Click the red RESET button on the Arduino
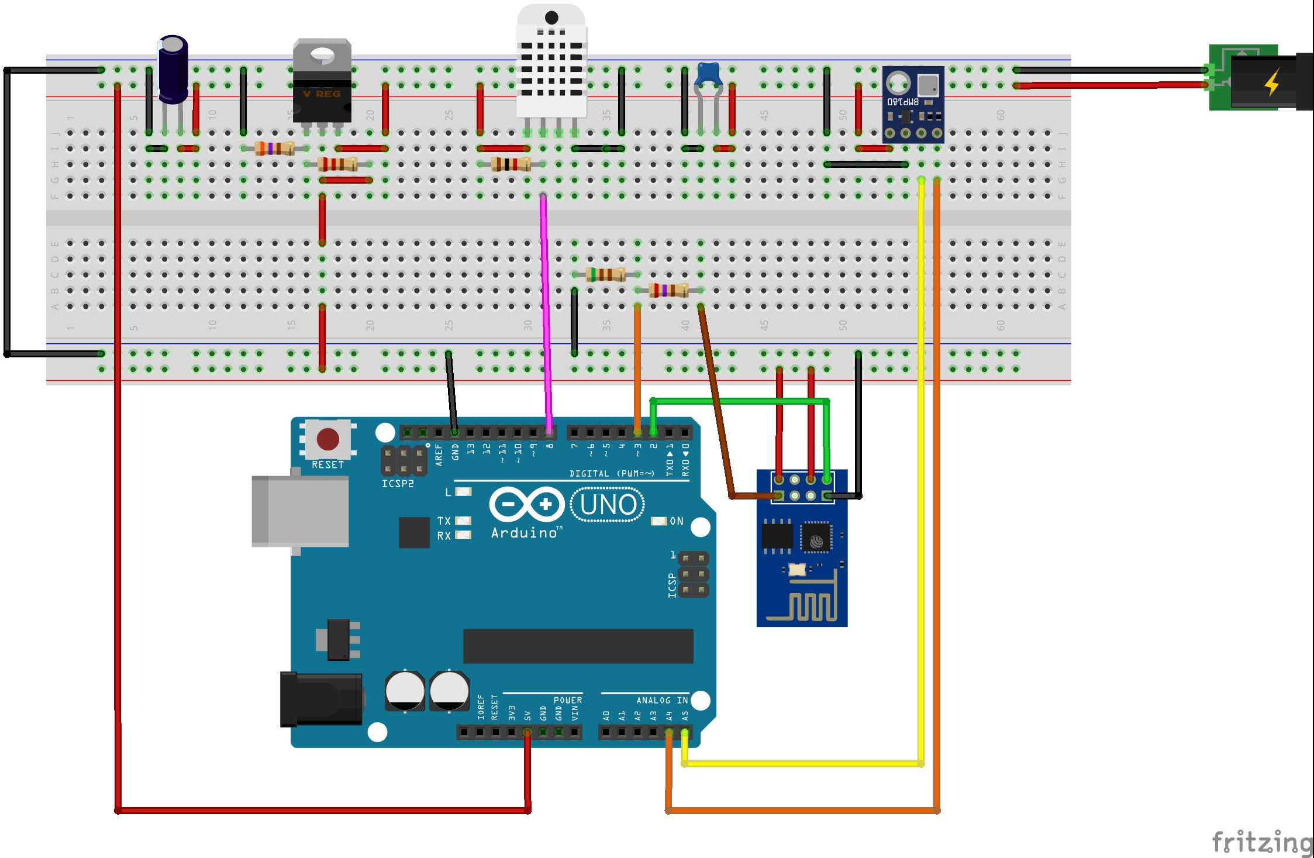[x=327, y=439]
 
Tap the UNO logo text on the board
[x=608, y=505]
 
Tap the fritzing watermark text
[x=1262, y=842]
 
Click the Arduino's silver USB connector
[x=300, y=511]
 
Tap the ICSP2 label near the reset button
[x=398, y=484]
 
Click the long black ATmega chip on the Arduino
[x=578, y=646]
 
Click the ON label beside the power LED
[x=677, y=521]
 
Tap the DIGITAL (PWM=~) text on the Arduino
[x=612, y=473]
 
